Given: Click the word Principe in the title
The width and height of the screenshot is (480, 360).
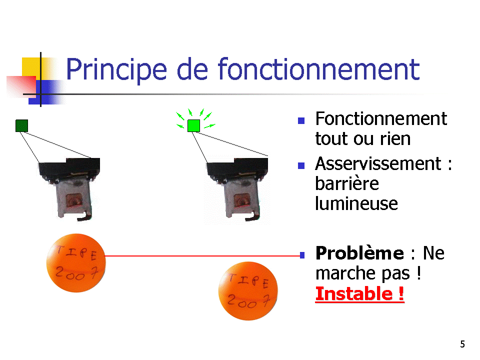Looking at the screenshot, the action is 116,70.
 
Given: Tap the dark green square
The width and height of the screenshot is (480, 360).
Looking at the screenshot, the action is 21,126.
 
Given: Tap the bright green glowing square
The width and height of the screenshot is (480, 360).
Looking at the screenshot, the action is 194,126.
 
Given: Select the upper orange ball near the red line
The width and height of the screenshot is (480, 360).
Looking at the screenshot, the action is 76,263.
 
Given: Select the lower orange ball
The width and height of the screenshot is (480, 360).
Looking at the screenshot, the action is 248,291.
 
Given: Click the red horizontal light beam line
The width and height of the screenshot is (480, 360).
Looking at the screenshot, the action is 202,255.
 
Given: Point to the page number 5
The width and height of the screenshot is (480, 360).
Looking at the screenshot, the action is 462,344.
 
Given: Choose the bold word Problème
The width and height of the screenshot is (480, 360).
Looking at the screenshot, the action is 359,253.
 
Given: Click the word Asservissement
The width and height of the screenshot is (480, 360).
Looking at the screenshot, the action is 378,164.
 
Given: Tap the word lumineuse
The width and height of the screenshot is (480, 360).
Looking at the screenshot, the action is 356,203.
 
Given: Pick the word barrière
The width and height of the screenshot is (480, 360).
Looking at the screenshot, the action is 347,183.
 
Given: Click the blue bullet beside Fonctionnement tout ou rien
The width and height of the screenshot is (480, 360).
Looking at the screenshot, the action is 301,120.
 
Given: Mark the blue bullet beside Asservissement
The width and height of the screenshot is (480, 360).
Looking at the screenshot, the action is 301,165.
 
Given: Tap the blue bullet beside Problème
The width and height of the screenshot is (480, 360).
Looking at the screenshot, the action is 302,255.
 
